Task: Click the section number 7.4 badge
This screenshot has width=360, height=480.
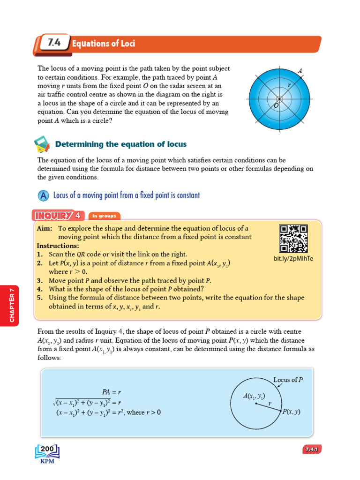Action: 52,44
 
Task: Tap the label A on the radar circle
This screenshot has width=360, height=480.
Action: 300,71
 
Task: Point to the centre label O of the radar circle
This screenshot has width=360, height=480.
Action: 276,106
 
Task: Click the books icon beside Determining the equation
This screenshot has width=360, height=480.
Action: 42,144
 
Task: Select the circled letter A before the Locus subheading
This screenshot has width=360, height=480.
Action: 43,195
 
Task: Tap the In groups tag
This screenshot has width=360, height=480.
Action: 103,216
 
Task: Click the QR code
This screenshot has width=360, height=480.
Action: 293,239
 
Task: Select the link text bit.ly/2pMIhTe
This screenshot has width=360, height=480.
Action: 293,258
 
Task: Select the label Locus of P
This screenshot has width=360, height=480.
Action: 288,380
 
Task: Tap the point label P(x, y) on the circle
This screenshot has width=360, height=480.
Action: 291,412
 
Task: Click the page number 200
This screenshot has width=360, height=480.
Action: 48,449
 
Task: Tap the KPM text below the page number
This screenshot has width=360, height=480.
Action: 47,461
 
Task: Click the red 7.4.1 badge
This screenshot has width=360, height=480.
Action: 311,450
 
